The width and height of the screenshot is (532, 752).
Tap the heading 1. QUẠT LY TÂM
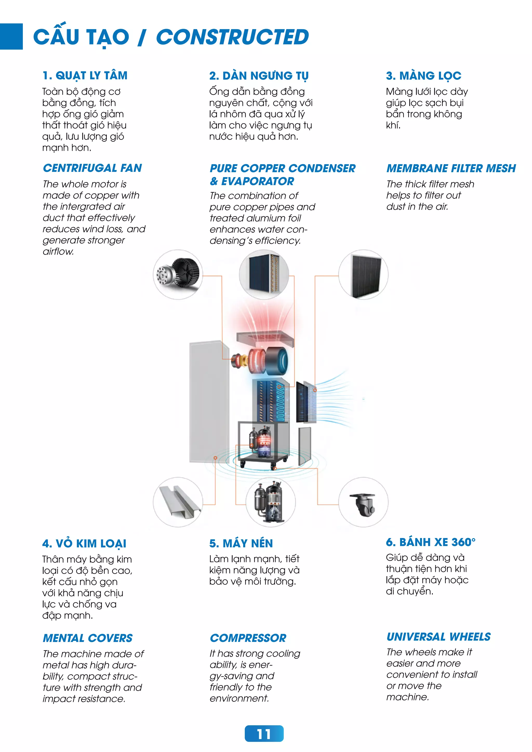click(x=85, y=76)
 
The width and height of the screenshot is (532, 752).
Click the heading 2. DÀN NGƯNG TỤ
click(x=259, y=76)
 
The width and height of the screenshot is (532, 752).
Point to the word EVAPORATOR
click(x=257, y=181)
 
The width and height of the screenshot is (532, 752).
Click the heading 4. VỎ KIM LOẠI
click(x=84, y=543)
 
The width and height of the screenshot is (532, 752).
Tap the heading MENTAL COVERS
click(x=88, y=638)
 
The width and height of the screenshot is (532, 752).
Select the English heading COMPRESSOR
click(x=248, y=638)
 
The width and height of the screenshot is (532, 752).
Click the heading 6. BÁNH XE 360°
click(x=430, y=542)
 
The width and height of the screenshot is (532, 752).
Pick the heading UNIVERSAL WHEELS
click(x=438, y=636)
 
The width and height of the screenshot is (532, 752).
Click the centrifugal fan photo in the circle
click(x=178, y=274)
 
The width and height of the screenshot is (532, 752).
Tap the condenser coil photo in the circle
click(x=264, y=274)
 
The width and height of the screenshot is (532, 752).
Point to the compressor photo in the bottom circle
click(x=271, y=502)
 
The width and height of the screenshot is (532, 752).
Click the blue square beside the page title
click(x=11, y=36)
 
